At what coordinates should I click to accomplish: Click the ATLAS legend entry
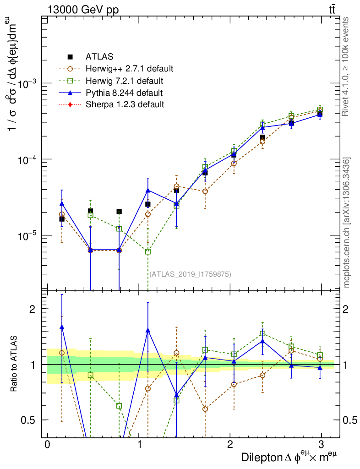pyautogui.click(x=99, y=57)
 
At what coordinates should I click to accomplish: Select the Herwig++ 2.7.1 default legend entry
pyautogui.click(x=129, y=69)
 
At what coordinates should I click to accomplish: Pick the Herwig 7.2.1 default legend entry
pyautogui.click(x=124, y=81)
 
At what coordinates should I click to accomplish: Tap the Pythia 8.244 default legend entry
pyautogui.click(x=124, y=93)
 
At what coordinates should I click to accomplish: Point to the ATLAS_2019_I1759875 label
pyautogui.click(x=190, y=274)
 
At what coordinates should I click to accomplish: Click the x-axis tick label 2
pyautogui.click(x=229, y=445)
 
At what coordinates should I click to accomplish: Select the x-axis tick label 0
pyautogui.click(x=47, y=445)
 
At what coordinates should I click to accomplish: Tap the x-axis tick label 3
pyautogui.click(x=321, y=445)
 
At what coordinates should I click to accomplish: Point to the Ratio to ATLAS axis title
pyautogui.click(x=15, y=365)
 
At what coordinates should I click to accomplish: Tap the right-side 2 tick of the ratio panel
pyautogui.click(x=349, y=309)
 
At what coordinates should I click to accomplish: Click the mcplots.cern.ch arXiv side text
pyautogui.click(x=347, y=223)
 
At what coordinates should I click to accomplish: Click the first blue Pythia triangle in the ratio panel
pyautogui.click(x=62, y=327)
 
